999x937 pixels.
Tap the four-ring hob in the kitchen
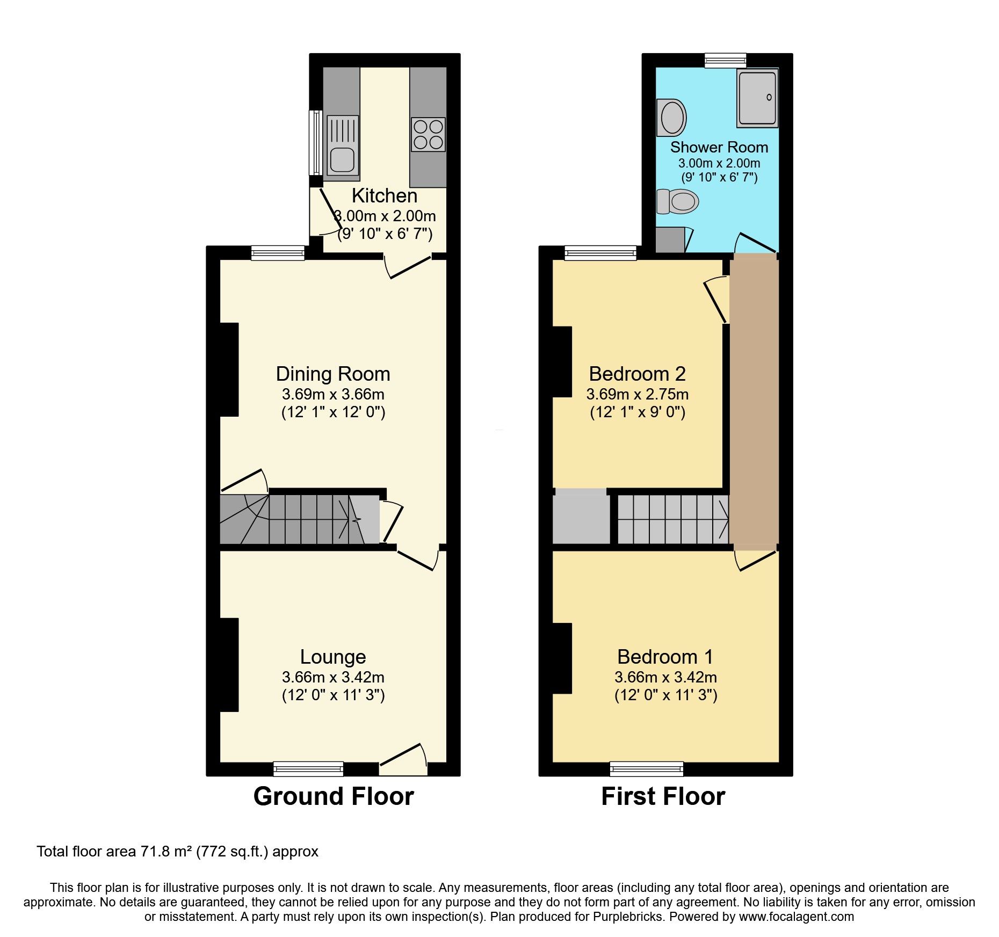tap(428, 134)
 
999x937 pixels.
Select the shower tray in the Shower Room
tap(757, 98)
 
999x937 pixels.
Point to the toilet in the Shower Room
tap(678, 202)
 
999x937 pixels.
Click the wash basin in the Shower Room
tap(671, 118)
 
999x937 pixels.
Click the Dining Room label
tap(333, 374)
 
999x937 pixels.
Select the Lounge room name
tap(333, 657)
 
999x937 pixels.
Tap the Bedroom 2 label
tap(637, 374)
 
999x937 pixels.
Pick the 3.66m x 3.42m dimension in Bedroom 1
tap(665, 677)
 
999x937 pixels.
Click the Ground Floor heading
tap(334, 796)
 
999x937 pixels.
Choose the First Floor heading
tap(663, 796)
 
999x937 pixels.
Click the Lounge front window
tap(308, 769)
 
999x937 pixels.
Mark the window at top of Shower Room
tap(725, 60)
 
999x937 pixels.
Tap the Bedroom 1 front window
tap(646, 769)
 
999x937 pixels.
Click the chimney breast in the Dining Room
tap(229, 369)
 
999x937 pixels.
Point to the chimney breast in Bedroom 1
tap(562, 658)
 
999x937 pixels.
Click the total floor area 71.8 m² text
tap(177, 852)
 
